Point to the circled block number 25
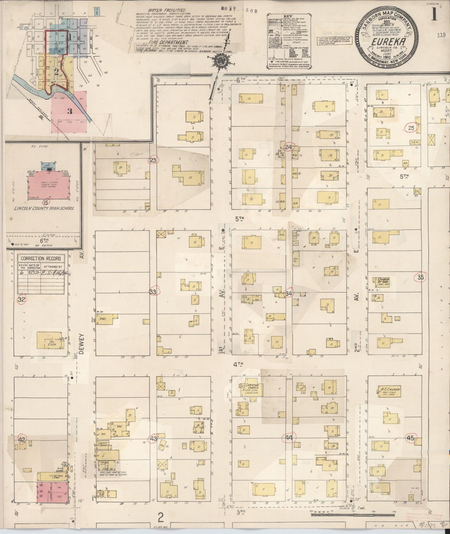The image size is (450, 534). click(x=411, y=128)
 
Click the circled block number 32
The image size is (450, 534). click(x=21, y=300)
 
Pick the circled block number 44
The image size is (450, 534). click(x=288, y=438)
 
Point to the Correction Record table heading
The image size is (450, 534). click(x=41, y=259)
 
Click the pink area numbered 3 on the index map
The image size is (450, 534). click(x=69, y=112)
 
